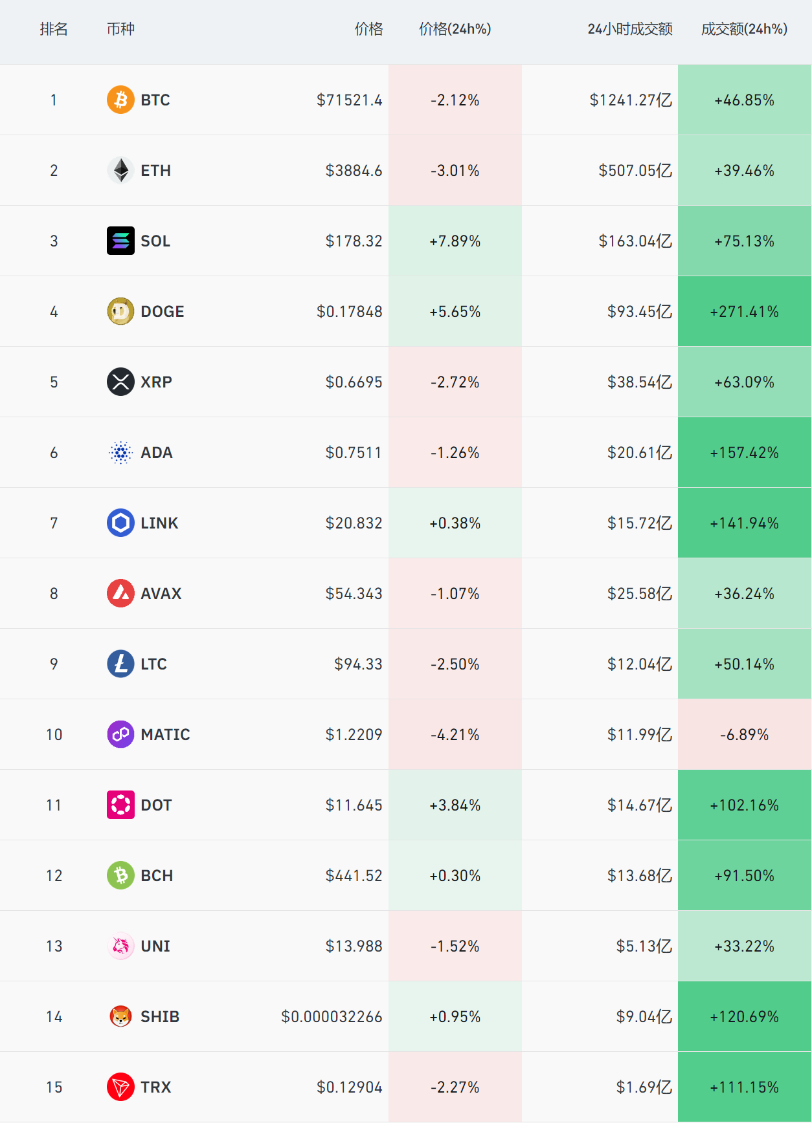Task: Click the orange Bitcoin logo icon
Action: click(120, 100)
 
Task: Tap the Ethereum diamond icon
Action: click(120, 170)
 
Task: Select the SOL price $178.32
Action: click(354, 241)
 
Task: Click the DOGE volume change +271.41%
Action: click(744, 312)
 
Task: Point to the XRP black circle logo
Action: click(120, 382)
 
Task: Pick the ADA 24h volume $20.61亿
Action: click(639, 453)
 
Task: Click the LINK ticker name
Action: click(159, 523)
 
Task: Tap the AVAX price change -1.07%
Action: click(455, 594)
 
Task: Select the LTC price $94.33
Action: click(358, 664)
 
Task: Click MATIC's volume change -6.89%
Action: click(744, 735)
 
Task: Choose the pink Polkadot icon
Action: click(120, 805)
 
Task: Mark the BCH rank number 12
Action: click(54, 876)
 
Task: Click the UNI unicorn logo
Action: click(120, 946)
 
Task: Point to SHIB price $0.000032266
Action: click(332, 1017)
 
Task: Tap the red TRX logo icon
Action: click(120, 1087)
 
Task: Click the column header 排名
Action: click(54, 29)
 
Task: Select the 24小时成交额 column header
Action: click(629, 29)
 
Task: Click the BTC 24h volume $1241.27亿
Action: click(630, 100)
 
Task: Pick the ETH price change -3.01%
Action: click(455, 171)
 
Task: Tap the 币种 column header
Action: click(120, 29)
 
